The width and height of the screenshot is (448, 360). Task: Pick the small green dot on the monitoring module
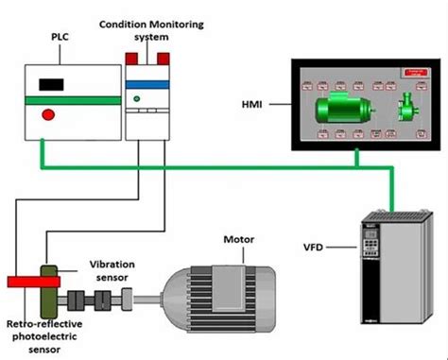pos(138,98)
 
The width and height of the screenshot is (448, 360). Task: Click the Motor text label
pos(237,240)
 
